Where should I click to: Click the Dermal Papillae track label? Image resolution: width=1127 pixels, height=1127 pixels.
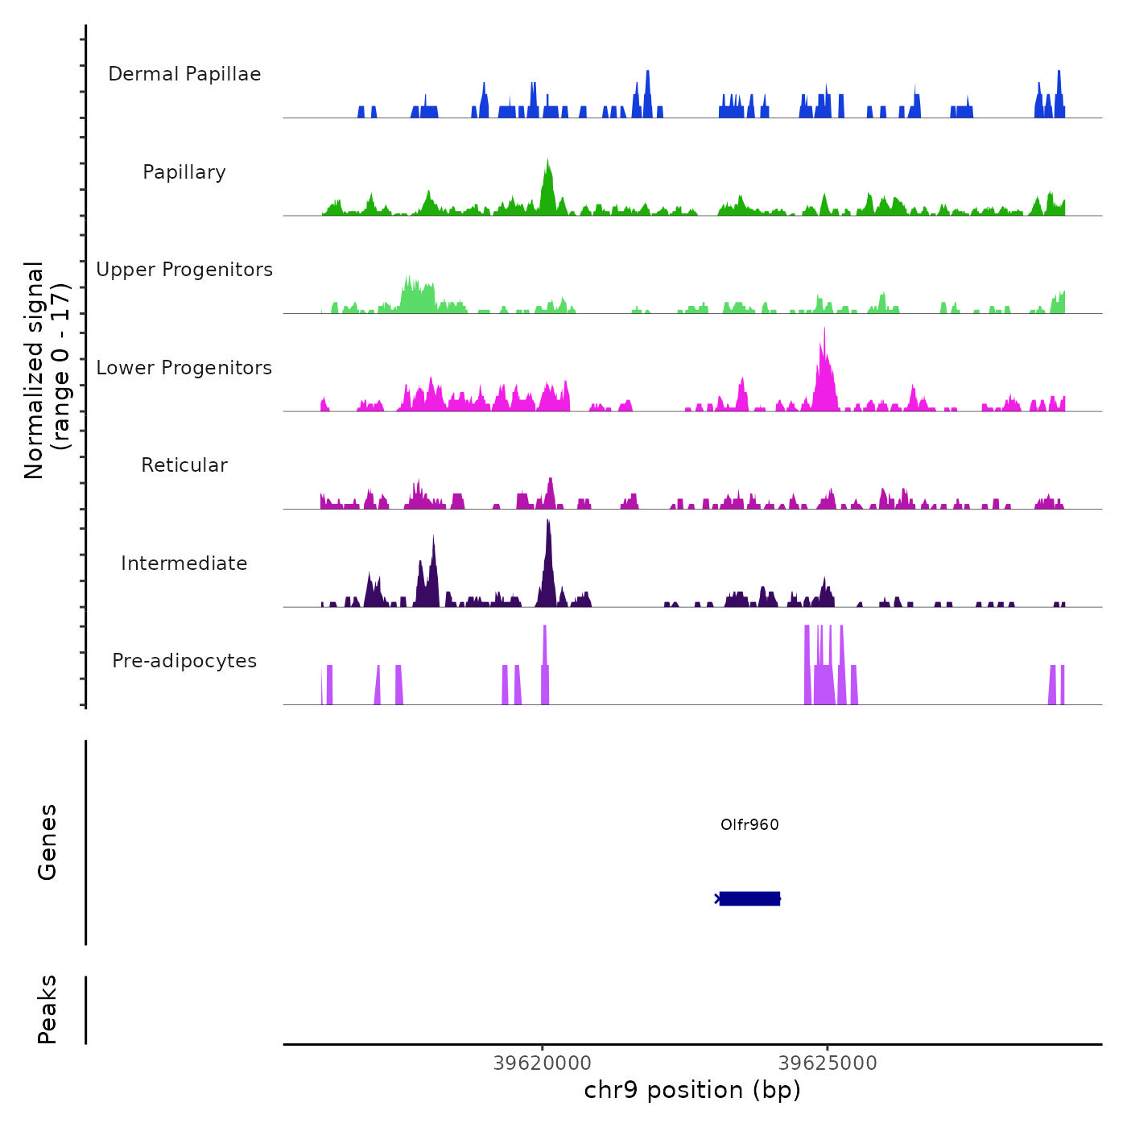click(184, 74)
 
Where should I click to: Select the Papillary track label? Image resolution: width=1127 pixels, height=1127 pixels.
click(184, 172)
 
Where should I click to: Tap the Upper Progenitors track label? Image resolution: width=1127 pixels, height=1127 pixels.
click(184, 270)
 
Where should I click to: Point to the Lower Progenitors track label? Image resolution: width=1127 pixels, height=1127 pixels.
click(184, 368)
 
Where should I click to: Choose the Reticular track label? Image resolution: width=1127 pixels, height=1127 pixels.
click(184, 465)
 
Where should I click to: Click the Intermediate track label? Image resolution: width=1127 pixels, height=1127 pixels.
click(184, 563)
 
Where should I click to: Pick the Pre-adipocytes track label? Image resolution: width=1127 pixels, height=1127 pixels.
click(184, 661)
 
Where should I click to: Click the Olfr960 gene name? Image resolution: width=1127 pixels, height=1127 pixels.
click(749, 824)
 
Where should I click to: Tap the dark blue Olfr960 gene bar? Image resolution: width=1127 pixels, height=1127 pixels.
click(749, 898)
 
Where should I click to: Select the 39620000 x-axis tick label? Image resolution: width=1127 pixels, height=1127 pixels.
click(542, 1063)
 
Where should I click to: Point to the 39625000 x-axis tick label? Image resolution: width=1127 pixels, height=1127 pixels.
click(828, 1063)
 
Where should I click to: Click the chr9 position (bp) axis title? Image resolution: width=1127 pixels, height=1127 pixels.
click(692, 1091)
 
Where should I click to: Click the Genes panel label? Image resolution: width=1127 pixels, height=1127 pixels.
click(47, 842)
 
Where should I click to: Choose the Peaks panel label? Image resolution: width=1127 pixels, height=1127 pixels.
click(47, 1009)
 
